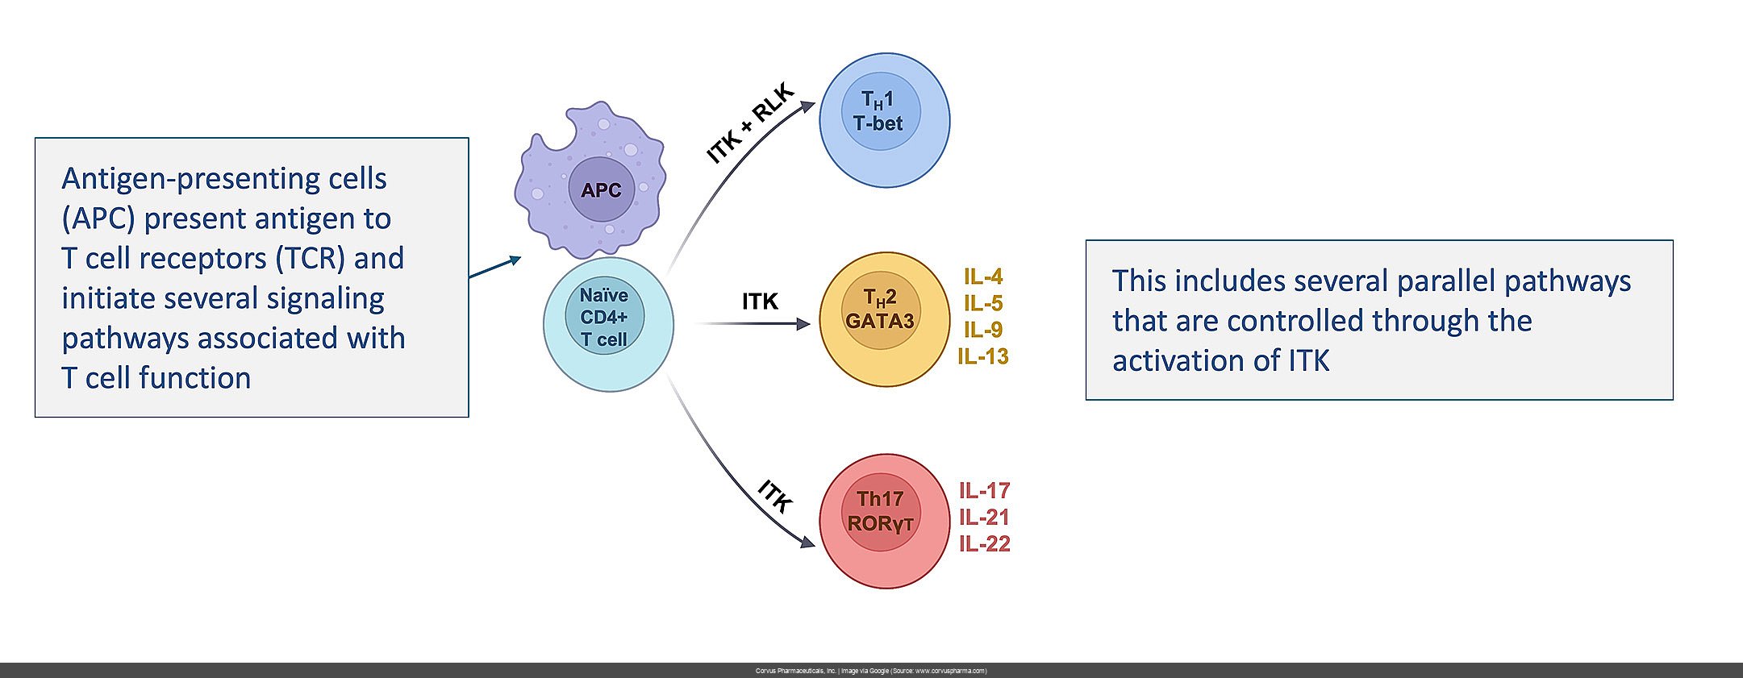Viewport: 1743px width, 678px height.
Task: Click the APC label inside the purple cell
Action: [601, 190]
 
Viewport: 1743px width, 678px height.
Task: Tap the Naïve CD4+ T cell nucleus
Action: [604, 317]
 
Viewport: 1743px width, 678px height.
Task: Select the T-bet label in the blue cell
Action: [878, 123]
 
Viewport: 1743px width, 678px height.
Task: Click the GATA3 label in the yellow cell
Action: [880, 321]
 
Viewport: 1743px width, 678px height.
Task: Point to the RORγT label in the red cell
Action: [880, 524]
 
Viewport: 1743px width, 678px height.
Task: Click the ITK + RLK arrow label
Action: [750, 123]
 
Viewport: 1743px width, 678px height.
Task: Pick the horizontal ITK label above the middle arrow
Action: [760, 302]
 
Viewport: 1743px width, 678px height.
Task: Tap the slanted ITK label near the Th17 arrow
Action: [775, 496]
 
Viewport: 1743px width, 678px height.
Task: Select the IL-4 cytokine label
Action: [983, 277]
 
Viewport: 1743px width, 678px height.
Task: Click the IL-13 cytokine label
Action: [983, 356]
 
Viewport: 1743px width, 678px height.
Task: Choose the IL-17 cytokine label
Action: [984, 490]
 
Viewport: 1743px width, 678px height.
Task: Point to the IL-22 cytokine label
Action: [984, 544]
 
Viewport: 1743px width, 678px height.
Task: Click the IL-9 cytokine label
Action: [983, 330]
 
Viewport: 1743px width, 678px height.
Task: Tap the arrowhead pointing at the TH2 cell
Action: [803, 324]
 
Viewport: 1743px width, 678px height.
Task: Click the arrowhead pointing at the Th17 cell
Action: [807, 542]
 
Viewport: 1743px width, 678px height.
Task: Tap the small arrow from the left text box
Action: [495, 268]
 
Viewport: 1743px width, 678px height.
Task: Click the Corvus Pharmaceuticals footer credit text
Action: [871, 671]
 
